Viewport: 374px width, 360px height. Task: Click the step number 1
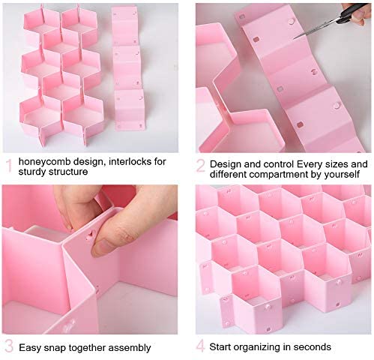click(x=9, y=166)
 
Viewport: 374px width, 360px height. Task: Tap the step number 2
click(x=201, y=166)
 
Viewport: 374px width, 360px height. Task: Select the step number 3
click(x=9, y=346)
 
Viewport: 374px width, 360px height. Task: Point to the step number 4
click(x=201, y=346)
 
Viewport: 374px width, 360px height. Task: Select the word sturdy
click(x=33, y=172)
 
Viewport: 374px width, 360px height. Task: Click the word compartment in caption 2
click(x=277, y=174)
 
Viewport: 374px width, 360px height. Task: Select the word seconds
click(x=313, y=347)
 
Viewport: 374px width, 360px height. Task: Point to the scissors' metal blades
click(x=316, y=29)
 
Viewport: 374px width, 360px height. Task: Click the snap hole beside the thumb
click(x=88, y=234)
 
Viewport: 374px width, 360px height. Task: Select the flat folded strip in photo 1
click(x=127, y=68)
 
